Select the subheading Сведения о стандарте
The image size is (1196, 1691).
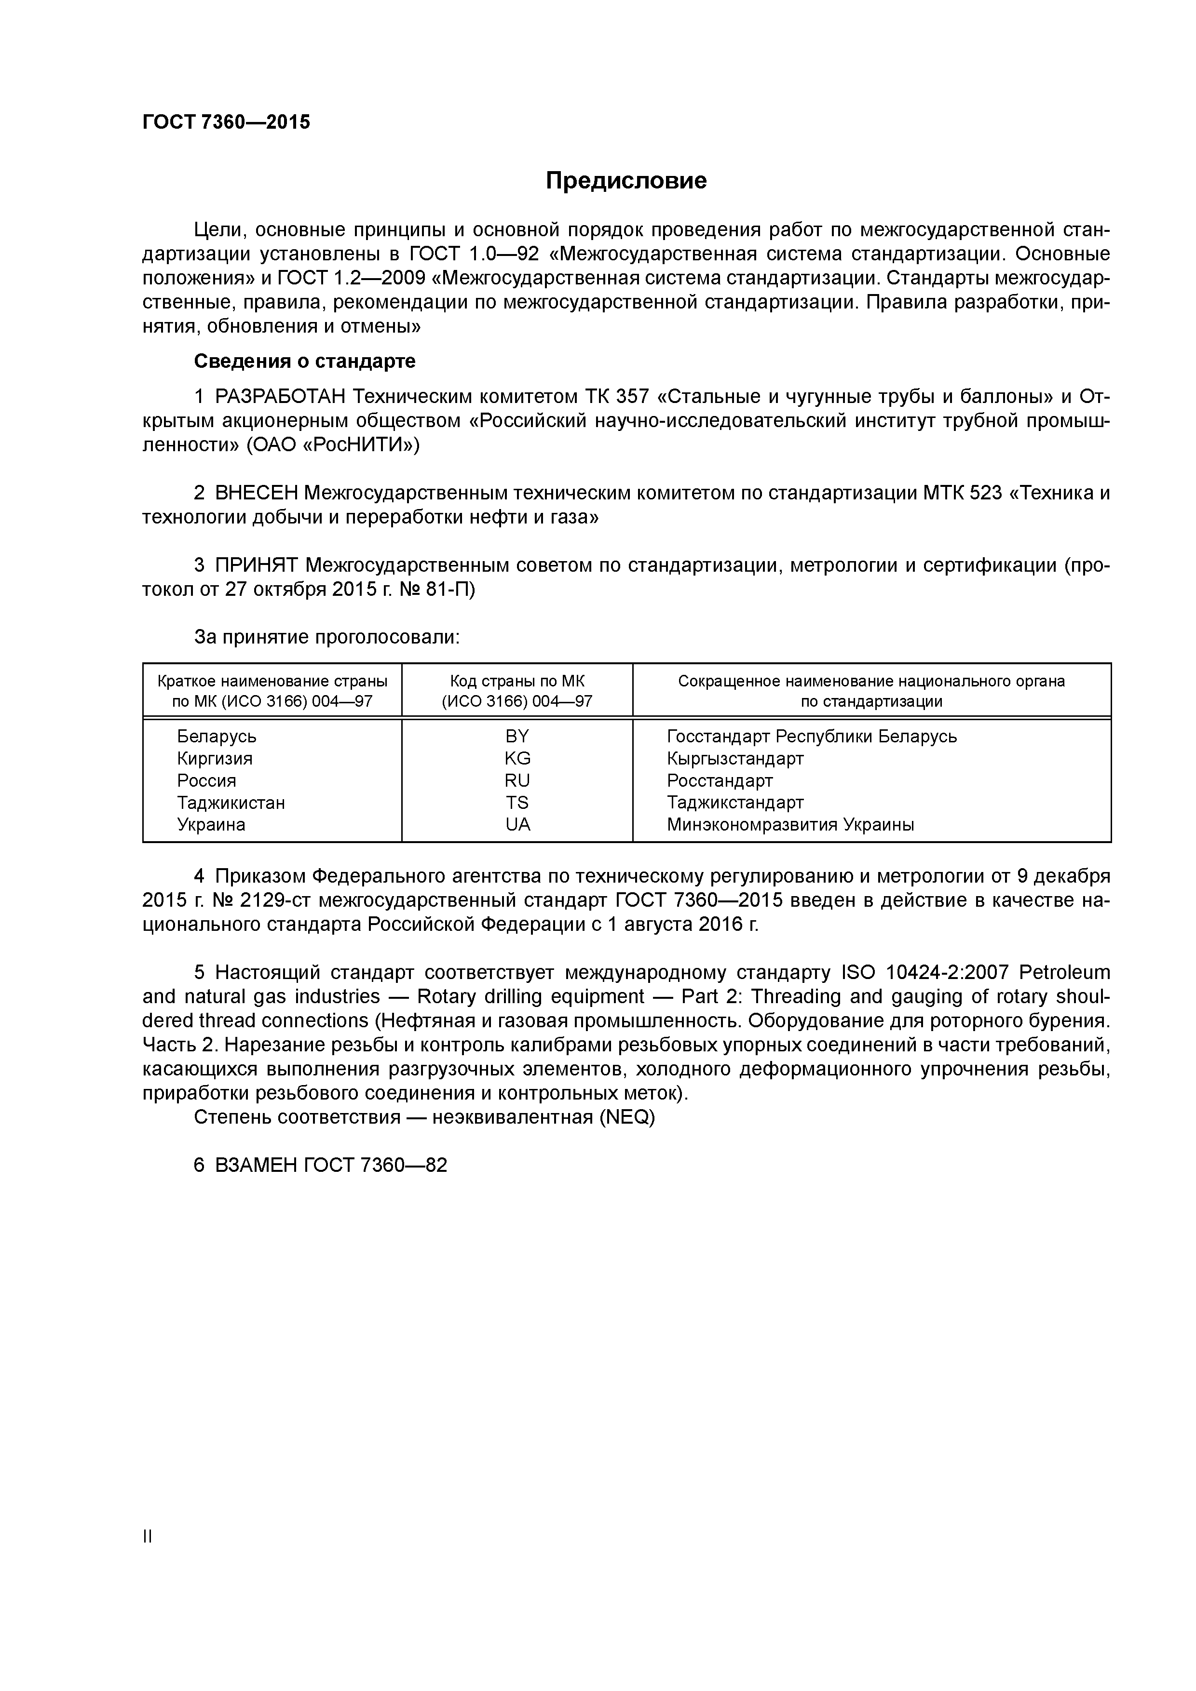pos(304,362)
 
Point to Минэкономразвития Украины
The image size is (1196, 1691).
pos(790,825)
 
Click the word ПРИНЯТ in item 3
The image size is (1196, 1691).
pos(257,565)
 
